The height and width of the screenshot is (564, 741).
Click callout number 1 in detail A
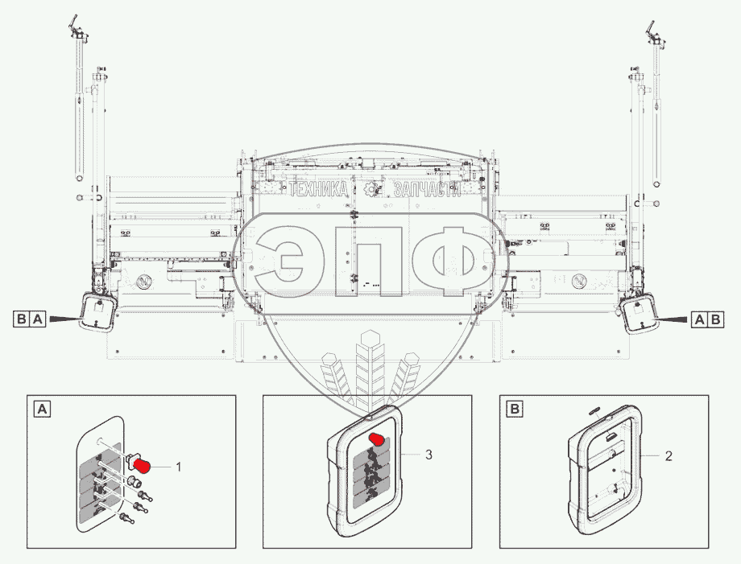tap(178, 467)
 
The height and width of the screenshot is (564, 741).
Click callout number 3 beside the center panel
tap(428, 455)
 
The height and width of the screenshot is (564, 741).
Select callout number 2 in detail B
tap(669, 456)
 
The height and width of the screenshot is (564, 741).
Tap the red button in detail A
tap(142, 465)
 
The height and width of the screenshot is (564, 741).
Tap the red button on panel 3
tap(378, 439)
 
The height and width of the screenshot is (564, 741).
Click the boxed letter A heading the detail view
tap(43, 409)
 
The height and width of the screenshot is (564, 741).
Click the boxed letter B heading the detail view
tap(514, 409)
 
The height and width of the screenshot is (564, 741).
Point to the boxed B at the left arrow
tap(21, 319)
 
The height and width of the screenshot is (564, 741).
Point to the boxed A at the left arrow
tap(38, 319)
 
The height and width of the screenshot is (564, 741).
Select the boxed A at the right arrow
tap(699, 320)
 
